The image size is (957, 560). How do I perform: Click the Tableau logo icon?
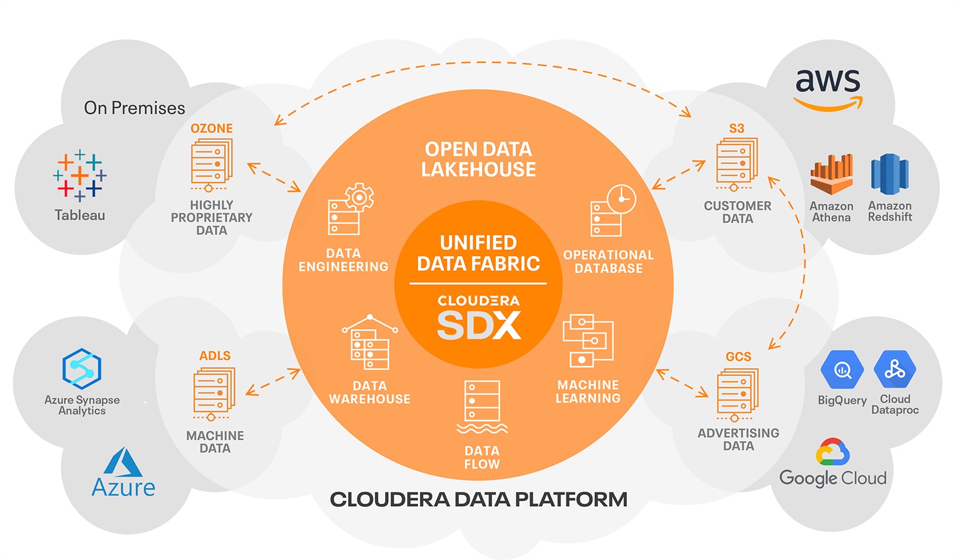80,175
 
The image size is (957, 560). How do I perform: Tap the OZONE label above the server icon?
212,129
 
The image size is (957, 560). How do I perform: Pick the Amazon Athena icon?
831,174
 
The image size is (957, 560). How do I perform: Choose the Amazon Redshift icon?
890,174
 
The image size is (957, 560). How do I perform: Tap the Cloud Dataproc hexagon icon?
895,369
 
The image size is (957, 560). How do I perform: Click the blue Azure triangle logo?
123,462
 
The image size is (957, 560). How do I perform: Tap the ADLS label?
215,356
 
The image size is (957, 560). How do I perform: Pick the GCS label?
738,357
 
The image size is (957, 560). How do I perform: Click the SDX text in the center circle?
478,325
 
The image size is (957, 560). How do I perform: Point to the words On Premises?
135,108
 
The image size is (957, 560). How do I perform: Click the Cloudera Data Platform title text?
478,500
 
